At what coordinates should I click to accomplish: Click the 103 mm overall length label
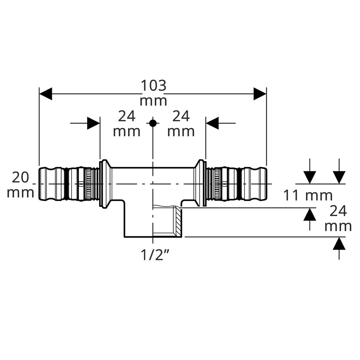153,93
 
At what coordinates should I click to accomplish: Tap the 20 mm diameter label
20,185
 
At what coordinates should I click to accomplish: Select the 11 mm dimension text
308,195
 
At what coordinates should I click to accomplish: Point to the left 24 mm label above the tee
127,124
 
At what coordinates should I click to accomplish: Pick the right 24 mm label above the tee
181,124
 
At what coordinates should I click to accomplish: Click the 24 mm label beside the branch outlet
338,219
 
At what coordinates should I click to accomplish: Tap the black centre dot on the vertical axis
153,123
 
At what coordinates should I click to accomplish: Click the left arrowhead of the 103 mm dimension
46,94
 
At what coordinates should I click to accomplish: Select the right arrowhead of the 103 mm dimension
260,94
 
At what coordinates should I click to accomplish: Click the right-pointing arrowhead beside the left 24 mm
93,123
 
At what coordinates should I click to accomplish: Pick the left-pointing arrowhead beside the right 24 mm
212,123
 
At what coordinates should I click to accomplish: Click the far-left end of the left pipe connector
39,184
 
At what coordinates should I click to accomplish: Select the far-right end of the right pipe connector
267,184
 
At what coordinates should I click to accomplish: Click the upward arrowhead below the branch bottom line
339,243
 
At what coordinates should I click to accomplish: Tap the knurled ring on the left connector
89,184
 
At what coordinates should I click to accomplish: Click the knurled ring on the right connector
217,184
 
